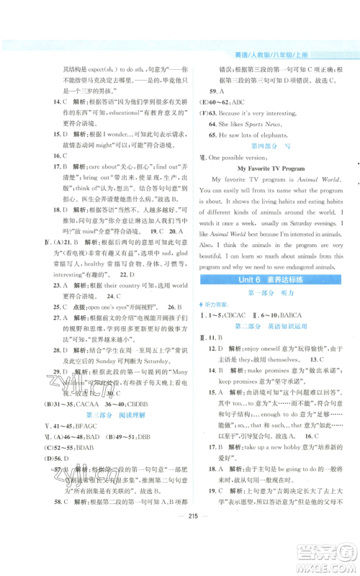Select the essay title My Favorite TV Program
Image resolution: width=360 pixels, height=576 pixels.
tap(270, 168)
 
